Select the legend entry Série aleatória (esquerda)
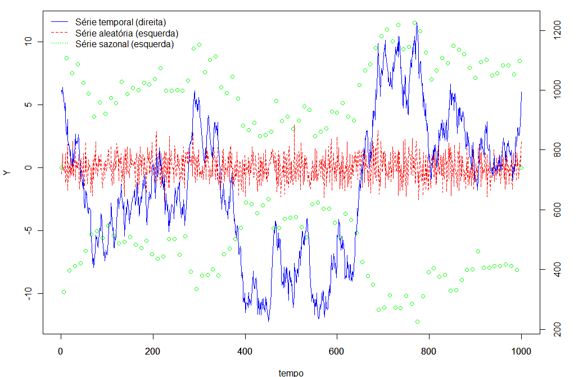[126, 33]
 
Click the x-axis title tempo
[291, 373]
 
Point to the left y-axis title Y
[7, 172]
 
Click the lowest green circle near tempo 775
[417, 322]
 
